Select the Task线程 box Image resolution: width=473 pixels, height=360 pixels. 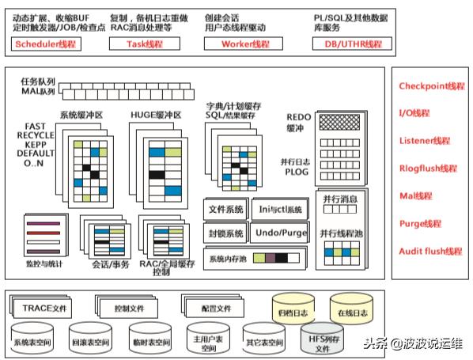coord(145,44)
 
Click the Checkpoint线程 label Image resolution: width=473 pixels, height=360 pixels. coord(432,86)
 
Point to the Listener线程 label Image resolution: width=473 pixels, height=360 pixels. coord(424,141)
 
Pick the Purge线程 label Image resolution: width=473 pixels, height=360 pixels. coord(419,223)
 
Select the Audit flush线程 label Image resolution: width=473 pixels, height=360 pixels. coord(430,251)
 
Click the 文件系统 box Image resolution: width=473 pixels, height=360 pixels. coord(225,210)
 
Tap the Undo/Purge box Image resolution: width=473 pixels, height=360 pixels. coord(279,233)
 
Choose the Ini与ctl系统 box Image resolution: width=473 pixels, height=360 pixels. coord(279,210)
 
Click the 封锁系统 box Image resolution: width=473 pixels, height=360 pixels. coord(225,233)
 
